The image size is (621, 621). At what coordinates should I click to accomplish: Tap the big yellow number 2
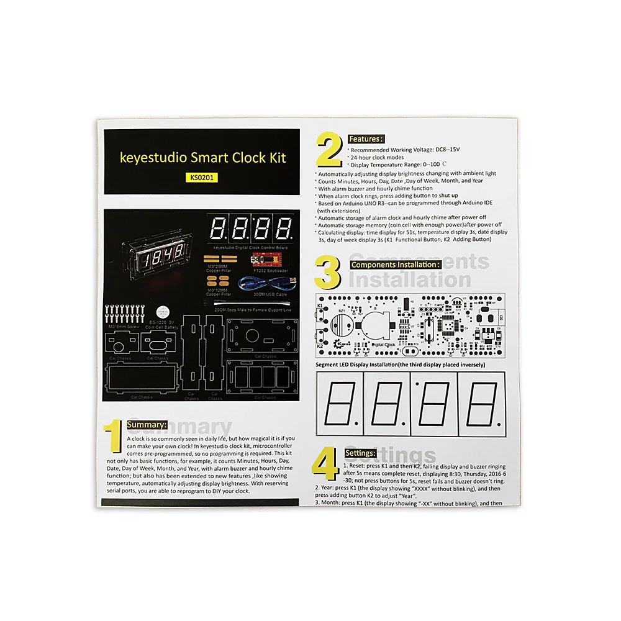(329, 150)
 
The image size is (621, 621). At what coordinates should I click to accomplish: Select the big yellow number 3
(329, 273)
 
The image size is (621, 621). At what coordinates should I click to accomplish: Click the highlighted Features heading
(366, 139)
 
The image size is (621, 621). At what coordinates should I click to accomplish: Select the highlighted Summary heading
(147, 425)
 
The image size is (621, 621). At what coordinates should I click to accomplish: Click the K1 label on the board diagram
(320, 306)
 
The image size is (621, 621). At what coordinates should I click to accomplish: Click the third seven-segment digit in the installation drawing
(434, 404)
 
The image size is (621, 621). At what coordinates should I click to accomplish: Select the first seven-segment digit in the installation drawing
(340, 404)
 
